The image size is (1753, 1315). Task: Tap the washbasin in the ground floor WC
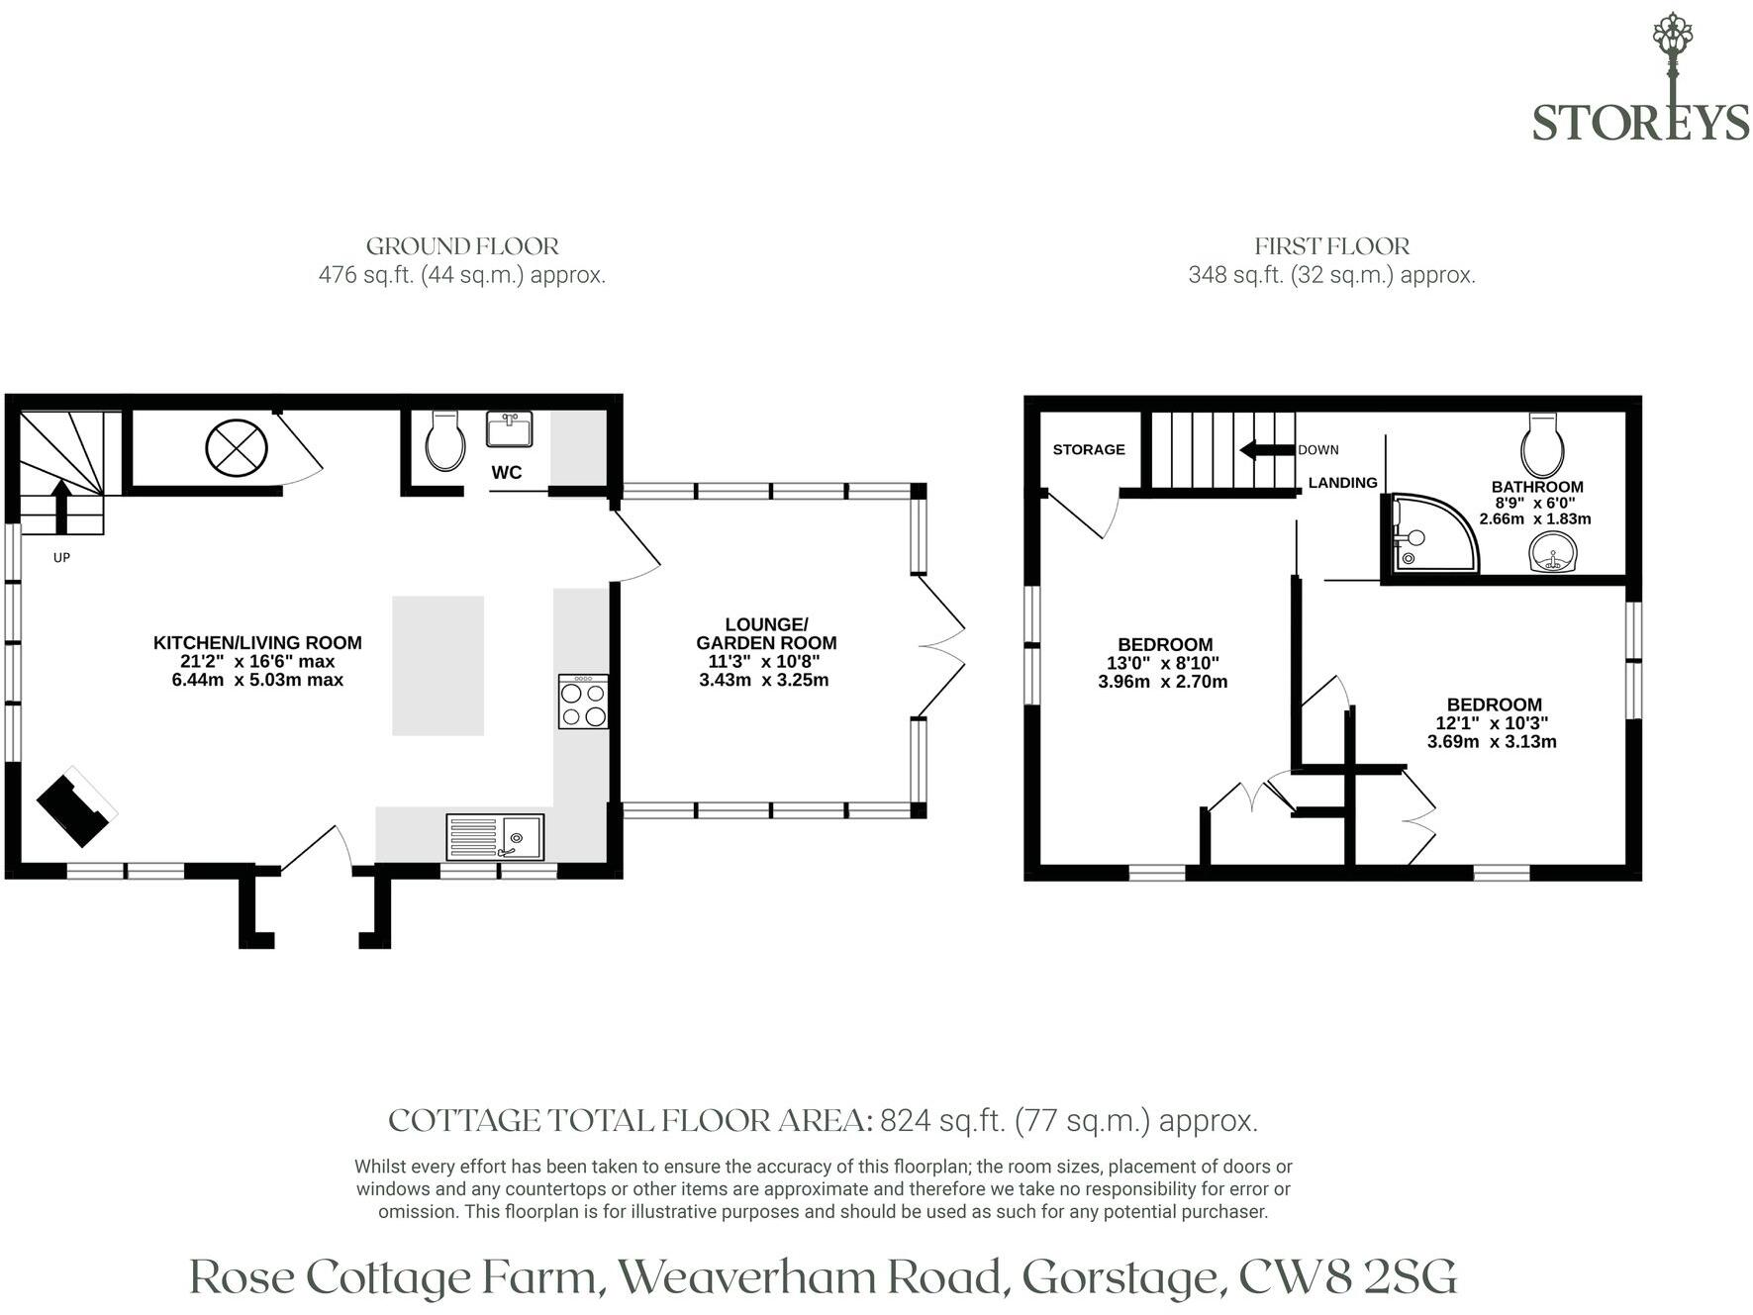(x=510, y=428)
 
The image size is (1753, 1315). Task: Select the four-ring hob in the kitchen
(x=583, y=702)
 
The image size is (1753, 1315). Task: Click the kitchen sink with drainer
(x=495, y=836)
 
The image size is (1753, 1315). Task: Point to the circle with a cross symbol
(x=237, y=448)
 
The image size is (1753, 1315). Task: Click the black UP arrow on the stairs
(x=61, y=506)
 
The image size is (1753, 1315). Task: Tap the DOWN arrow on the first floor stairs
(x=1268, y=450)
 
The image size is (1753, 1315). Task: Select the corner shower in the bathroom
(x=1430, y=534)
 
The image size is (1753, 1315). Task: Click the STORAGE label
(x=1089, y=449)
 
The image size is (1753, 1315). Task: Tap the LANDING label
(x=1342, y=483)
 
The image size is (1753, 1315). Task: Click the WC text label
(x=507, y=473)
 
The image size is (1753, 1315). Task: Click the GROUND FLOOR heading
(x=462, y=246)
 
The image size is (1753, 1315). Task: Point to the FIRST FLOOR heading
(x=1332, y=246)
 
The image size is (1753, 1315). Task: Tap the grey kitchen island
(x=438, y=666)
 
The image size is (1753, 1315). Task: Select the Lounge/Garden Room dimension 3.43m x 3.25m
(x=764, y=680)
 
